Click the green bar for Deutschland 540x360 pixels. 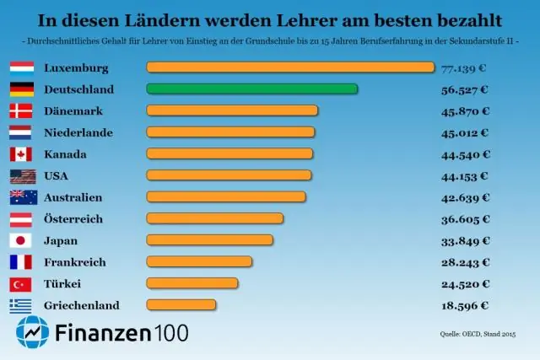tap(251, 89)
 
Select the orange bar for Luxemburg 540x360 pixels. tap(289, 67)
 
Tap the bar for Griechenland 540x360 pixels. tap(181, 304)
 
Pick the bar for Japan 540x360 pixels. tap(209, 239)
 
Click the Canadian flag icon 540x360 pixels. tap(21, 153)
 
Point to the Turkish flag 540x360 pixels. tap(21, 283)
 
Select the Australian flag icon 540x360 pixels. tap(21, 196)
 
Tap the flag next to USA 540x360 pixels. tap(21, 175)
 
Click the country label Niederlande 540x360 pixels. tap(78, 132)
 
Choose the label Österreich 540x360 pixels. tap(73, 218)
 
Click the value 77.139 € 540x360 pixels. tap(465, 67)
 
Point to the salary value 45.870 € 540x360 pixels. tap(465, 110)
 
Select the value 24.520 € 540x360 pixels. tap(465, 283)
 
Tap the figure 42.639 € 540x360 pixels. tap(465, 196)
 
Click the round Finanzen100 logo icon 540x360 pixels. tap(32, 333)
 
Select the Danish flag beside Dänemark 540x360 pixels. tap(21, 110)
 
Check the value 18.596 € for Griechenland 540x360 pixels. tap(465, 304)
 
